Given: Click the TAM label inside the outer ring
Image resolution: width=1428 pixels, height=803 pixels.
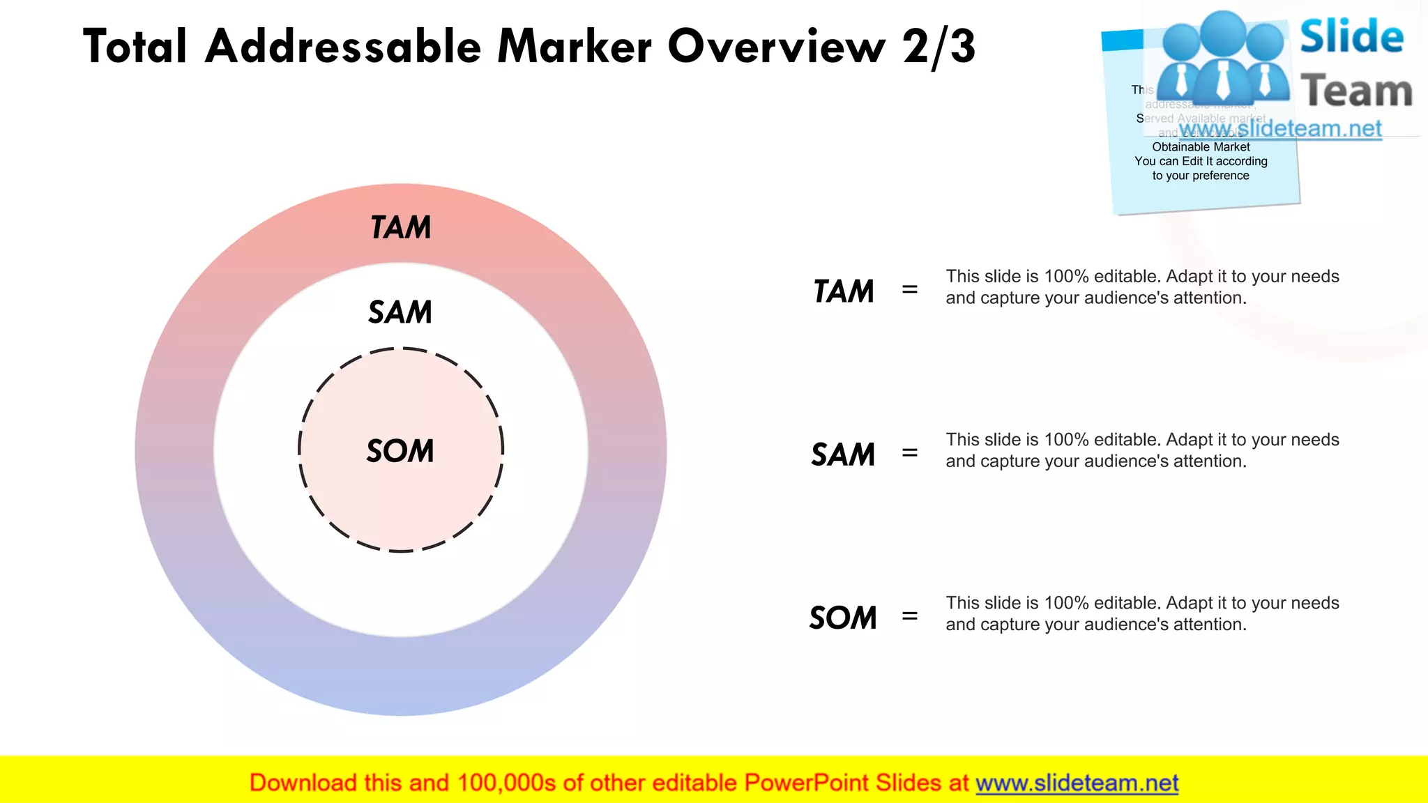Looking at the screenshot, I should pos(401,228).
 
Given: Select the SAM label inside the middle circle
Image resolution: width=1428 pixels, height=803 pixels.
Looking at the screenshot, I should pos(400,312).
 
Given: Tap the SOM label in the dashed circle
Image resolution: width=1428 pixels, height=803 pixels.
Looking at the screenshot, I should pos(400,451).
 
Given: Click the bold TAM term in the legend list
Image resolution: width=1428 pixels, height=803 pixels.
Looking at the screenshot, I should pos(844,291).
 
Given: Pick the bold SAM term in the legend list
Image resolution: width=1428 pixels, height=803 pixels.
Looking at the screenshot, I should pos(843,454).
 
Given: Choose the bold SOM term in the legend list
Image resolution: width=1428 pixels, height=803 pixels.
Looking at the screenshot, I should pos(843,618).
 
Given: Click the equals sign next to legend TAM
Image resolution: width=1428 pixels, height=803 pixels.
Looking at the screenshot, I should pos(909,289).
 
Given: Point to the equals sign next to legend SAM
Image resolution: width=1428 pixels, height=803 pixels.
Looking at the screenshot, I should pos(909,452).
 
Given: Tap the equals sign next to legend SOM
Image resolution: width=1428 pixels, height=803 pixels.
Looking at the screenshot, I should pos(909,615).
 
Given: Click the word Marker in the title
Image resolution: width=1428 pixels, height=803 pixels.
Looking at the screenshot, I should pos(575,47).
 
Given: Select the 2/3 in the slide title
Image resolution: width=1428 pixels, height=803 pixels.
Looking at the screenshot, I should pos(939,47).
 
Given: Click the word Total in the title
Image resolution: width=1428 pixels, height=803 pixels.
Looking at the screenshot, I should pos(135,47).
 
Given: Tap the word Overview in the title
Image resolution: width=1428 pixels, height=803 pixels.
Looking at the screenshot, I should pos(776,47).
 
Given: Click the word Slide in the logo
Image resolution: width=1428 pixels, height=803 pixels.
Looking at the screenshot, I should pos(1351,37).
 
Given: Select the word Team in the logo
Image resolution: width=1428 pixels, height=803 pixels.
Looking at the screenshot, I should pos(1356,91).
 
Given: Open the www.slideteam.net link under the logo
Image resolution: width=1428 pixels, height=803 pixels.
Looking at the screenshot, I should pos(1280,129).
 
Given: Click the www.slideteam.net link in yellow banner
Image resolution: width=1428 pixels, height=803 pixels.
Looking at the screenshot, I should pos(1077,783).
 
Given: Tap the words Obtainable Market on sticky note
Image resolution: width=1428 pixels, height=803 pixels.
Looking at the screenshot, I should pos(1201,147).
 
